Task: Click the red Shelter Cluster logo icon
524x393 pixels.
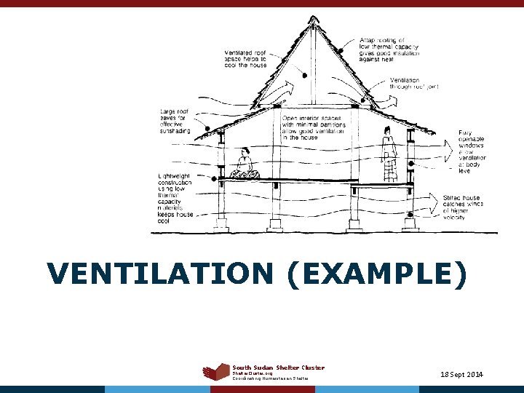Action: coord(216,372)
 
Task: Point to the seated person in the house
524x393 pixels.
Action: coord(245,164)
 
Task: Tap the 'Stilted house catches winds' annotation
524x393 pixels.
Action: coord(467,207)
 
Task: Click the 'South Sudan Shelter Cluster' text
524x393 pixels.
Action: coord(279,368)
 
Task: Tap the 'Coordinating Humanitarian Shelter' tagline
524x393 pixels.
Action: coord(271,378)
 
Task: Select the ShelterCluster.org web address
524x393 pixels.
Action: coord(253,373)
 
